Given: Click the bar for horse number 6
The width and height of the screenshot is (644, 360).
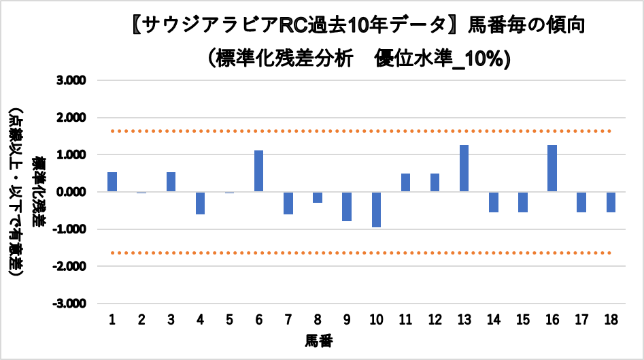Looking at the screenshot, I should (x=258, y=171).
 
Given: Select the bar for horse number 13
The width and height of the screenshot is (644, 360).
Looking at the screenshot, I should (x=464, y=168).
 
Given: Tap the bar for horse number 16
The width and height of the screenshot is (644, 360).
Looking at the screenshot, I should (x=552, y=168).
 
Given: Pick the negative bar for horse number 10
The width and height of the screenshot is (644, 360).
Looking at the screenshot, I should (x=376, y=210).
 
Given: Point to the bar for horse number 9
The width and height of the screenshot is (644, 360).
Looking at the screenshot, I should (x=347, y=206).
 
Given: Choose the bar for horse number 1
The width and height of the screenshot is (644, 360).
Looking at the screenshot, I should (x=112, y=182).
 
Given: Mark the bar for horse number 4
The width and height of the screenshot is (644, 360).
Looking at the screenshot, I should (x=200, y=203).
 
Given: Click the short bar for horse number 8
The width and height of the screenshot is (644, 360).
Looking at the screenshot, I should (x=318, y=197).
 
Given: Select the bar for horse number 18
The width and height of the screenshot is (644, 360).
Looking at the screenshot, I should (x=611, y=202).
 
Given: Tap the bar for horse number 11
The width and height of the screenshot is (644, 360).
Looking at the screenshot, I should (x=405, y=182).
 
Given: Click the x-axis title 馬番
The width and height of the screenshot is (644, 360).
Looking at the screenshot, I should (x=318, y=339).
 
